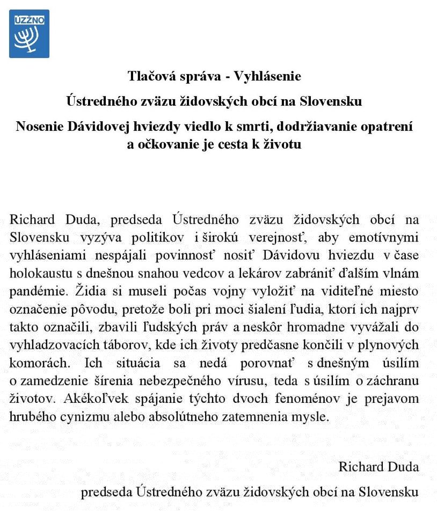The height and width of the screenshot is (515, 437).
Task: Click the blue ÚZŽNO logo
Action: click(x=29, y=33)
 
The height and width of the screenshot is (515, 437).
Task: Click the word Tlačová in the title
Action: click(x=149, y=76)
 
